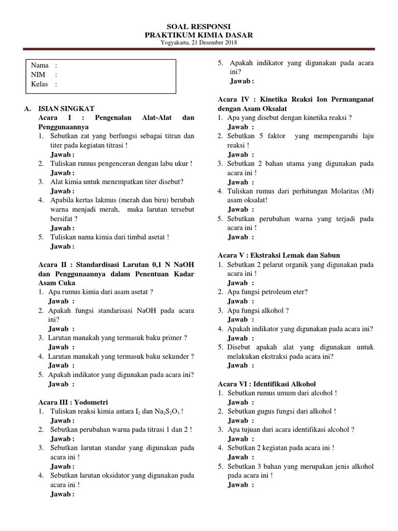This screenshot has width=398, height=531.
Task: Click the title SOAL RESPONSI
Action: tap(199, 26)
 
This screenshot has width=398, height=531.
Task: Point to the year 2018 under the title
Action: tap(229, 42)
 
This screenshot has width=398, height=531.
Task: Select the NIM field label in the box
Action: tap(39, 75)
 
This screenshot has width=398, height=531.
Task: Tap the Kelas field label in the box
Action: tap(40, 84)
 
